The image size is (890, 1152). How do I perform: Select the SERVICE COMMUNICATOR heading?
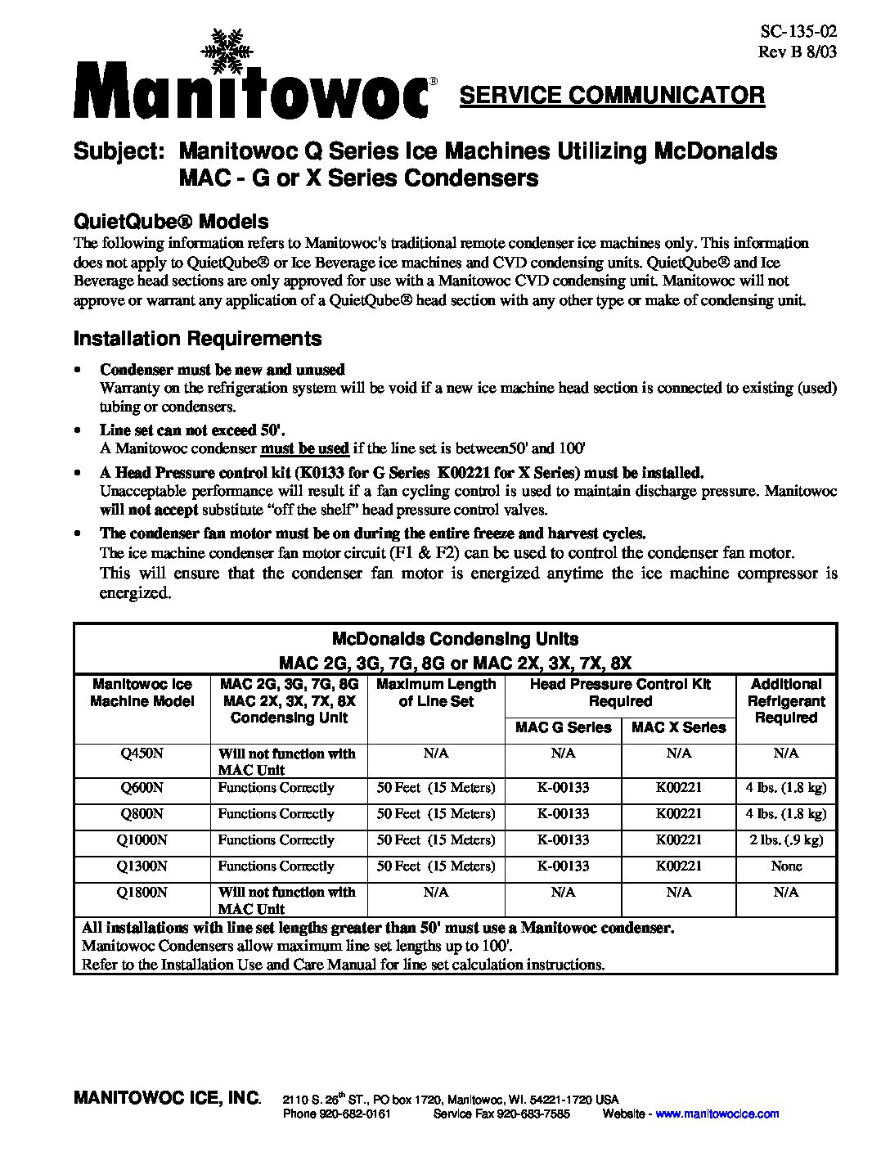click(612, 96)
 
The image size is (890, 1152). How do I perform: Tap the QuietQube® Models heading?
click(171, 221)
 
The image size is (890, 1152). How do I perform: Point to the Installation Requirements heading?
click(197, 339)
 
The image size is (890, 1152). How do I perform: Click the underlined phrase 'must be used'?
click(305, 448)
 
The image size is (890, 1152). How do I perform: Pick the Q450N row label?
click(142, 753)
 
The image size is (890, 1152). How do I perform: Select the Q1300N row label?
click(142, 866)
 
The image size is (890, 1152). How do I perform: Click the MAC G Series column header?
click(564, 727)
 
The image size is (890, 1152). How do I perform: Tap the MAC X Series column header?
click(679, 727)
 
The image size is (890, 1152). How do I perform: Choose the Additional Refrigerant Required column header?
click(786, 701)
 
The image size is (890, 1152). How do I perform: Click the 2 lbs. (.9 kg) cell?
click(786, 839)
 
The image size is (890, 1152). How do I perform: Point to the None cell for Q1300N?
click(786, 866)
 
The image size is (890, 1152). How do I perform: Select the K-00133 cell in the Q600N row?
click(564, 788)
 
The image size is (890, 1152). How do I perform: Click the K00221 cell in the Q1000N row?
click(679, 839)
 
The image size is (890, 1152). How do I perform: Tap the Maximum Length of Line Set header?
click(436, 693)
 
